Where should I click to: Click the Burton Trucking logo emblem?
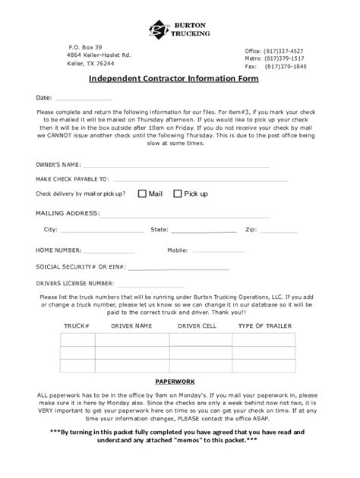coord(159,30)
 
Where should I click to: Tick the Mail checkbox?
coord(142,193)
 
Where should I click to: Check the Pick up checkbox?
coord(178,193)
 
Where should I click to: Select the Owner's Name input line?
coord(175,165)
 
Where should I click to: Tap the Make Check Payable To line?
coord(190,180)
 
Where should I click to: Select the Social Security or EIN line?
coord(178,268)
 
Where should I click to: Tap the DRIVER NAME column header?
coord(131,325)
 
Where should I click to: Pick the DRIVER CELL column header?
coord(197,325)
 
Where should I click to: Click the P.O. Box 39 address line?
coord(85,47)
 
